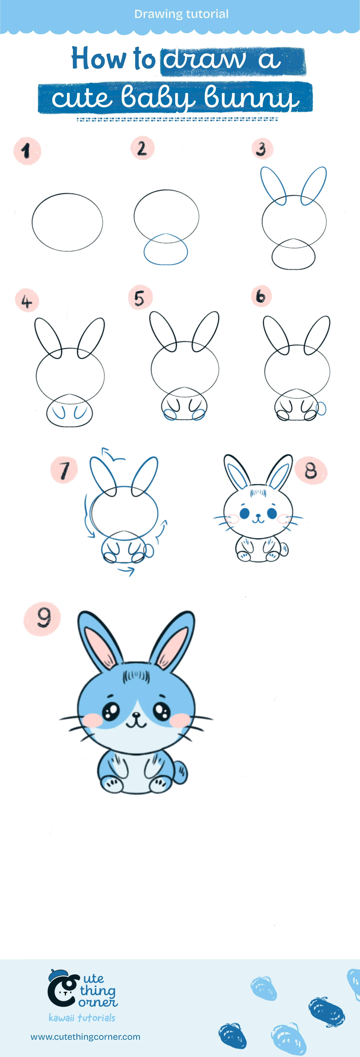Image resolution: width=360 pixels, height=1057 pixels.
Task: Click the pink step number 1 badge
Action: pos(27,151)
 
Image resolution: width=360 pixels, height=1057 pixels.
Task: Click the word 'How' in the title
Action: pos(98,58)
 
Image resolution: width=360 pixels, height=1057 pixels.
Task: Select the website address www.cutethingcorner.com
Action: pos(85,1037)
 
